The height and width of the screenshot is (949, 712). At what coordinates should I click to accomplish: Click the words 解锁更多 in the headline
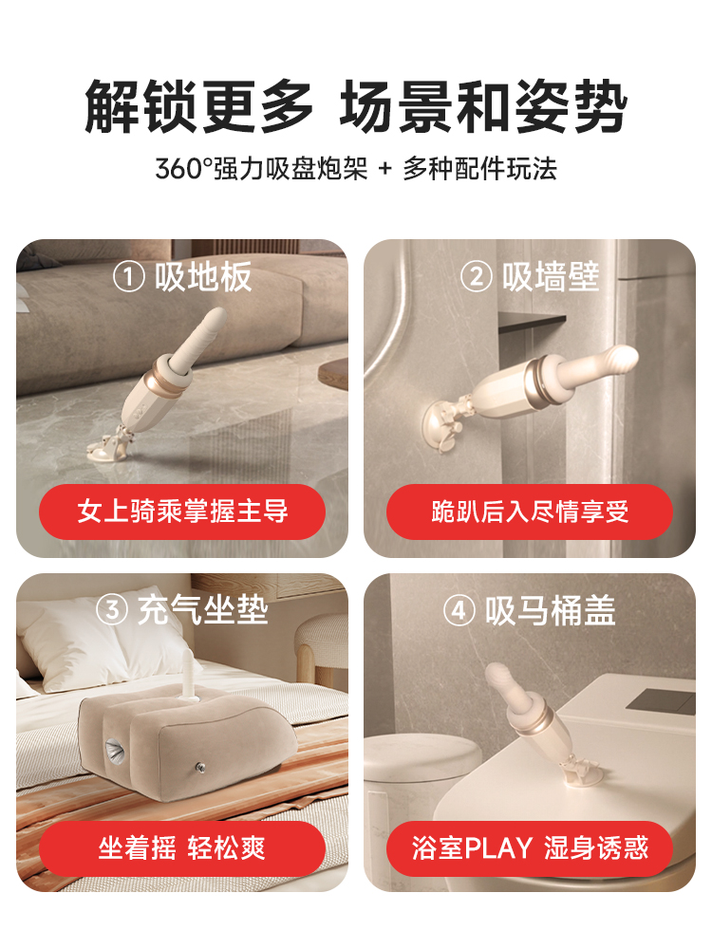point(199,107)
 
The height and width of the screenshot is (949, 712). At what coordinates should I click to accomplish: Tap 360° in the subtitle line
point(183,169)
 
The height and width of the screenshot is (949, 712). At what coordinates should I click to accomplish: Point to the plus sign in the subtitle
point(385,169)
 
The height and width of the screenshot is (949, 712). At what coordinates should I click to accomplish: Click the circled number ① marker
point(128,277)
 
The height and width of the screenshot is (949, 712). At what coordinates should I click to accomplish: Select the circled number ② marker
point(476,277)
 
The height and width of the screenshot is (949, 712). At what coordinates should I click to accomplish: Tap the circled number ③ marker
point(112,610)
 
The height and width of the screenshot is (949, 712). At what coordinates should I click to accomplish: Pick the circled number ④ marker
point(459,610)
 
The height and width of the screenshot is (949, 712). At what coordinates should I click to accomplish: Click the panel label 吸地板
point(203,277)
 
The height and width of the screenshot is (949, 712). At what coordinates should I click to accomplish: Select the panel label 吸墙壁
point(551,277)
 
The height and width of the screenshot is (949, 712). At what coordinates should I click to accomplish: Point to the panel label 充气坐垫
point(203,610)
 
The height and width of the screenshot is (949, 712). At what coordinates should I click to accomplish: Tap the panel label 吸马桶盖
point(550,610)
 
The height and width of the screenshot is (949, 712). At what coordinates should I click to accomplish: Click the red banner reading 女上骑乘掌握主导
point(182,512)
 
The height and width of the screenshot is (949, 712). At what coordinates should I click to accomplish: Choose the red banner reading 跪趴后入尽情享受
point(530,512)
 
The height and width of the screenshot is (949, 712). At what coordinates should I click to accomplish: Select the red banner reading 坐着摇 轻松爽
point(182,848)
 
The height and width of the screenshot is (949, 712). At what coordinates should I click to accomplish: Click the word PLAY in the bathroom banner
point(498,848)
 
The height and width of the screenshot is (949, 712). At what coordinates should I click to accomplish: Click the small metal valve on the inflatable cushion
point(199,769)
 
